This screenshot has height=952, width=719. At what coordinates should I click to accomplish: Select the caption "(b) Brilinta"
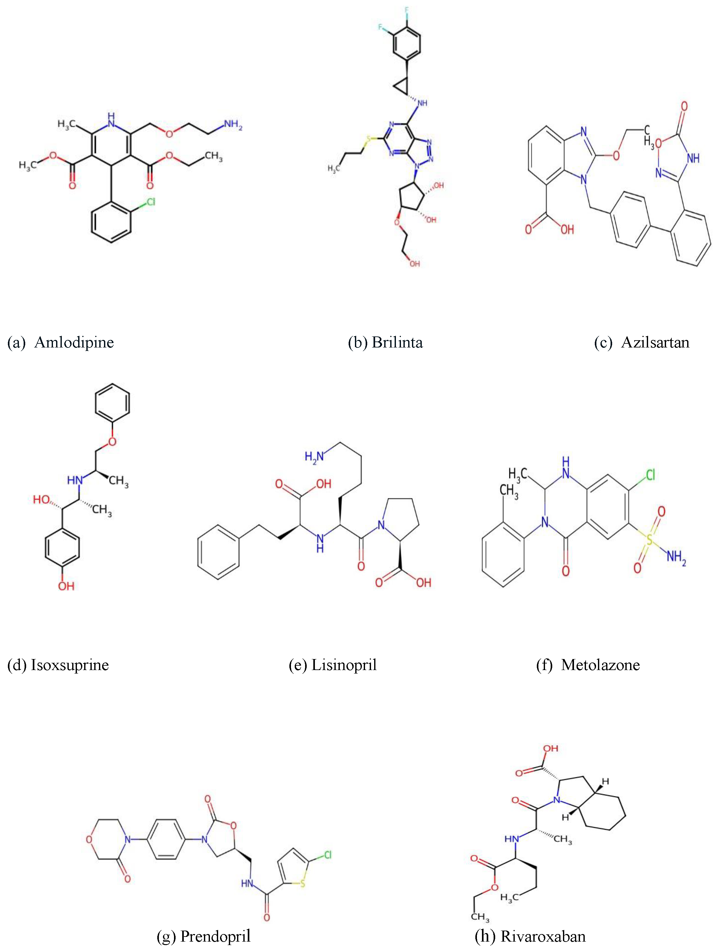click(x=385, y=342)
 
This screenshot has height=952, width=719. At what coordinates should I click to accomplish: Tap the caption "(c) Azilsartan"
click(x=641, y=342)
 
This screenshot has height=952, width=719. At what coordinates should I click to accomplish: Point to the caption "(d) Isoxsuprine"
click(x=58, y=665)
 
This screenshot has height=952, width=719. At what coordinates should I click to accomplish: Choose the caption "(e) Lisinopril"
click(x=332, y=665)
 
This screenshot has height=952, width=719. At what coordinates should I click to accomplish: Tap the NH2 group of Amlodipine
click(x=233, y=124)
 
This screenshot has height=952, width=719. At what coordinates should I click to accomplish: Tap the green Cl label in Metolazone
click(x=650, y=475)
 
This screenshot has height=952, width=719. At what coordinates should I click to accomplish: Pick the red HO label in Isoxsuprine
click(x=42, y=499)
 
